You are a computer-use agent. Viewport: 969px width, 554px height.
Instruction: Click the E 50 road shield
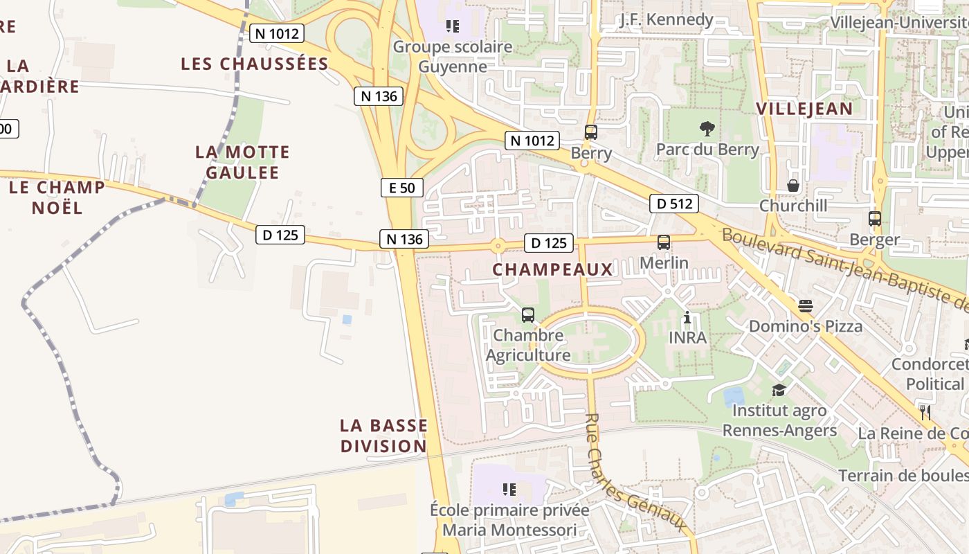[401, 188]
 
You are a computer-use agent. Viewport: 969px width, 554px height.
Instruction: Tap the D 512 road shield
[673, 204]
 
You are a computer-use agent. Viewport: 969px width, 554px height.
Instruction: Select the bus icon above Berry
[590, 132]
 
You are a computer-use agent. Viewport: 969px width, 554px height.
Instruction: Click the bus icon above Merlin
[664, 242]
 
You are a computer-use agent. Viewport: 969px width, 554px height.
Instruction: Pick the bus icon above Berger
[875, 219]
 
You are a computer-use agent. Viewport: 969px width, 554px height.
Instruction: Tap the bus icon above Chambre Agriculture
[528, 315]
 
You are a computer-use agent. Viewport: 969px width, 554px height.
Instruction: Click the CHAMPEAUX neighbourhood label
[552, 269]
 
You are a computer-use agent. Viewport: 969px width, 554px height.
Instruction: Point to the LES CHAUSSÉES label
[254, 64]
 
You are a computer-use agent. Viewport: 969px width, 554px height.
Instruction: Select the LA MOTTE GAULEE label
[242, 162]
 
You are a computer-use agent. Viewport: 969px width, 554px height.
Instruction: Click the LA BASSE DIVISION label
[383, 436]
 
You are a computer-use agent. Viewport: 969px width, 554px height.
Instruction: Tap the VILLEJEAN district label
[804, 109]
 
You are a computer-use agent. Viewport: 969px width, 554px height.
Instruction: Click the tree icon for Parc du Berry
[707, 128]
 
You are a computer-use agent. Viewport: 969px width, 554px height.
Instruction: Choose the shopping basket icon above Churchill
[793, 186]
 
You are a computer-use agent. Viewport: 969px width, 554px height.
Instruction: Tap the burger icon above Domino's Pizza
[805, 305]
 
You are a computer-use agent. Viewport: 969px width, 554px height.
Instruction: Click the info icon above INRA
[687, 318]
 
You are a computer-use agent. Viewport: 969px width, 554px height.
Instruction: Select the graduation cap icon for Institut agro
[779, 390]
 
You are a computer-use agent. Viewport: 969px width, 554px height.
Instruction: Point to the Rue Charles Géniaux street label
[637, 474]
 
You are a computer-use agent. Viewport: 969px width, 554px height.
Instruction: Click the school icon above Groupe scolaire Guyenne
[453, 26]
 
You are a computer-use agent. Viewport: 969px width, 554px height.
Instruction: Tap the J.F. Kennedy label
[667, 19]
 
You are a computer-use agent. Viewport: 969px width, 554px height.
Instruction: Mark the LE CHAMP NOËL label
[57, 197]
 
